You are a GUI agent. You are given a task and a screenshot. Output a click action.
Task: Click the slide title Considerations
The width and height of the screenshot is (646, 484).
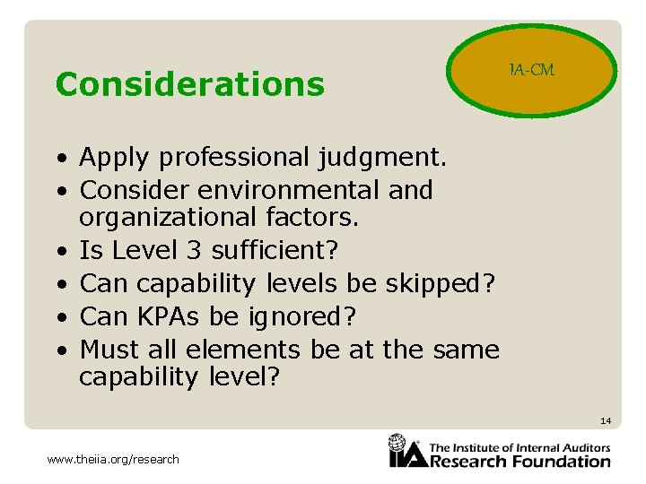pyautogui.click(x=189, y=84)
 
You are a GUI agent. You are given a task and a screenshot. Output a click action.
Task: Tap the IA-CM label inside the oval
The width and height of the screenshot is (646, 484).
pyautogui.click(x=532, y=70)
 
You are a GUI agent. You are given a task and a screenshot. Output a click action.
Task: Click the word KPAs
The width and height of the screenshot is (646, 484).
pyautogui.click(x=176, y=316)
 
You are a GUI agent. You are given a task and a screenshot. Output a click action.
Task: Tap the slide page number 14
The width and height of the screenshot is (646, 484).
pyautogui.click(x=605, y=420)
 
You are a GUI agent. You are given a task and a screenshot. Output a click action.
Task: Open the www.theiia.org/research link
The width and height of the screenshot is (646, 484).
pyautogui.click(x=113, y=460)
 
